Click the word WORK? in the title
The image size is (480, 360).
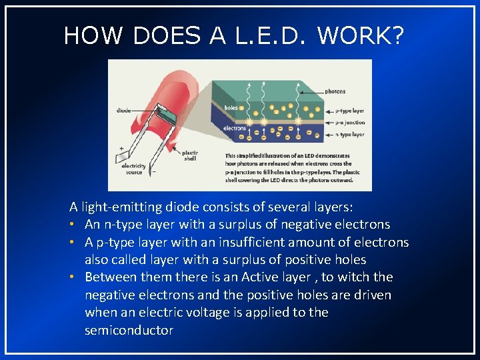coord(361,35)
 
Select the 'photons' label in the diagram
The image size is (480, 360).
coord(335,91)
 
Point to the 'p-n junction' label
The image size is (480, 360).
coord(349,123)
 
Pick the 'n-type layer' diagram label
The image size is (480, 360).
coord(349,135)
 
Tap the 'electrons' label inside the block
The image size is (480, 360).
coord(235,127)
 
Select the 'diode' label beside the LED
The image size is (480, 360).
coord(123,111)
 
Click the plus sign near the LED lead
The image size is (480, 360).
coord(121,148)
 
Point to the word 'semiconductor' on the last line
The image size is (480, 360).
coord(129,330)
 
